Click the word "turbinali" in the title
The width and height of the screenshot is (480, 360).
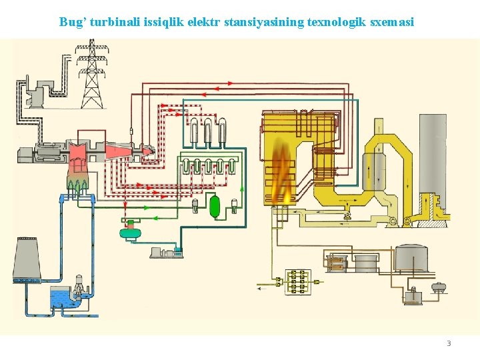click(113, 22)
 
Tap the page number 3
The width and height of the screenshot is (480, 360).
click(449, 343)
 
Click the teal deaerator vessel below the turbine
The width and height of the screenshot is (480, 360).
click(131, 232)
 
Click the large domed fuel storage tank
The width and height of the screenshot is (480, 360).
click(411, 257)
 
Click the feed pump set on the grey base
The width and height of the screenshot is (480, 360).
click(165, 251)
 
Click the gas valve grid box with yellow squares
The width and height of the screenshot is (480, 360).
click(297, 282)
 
